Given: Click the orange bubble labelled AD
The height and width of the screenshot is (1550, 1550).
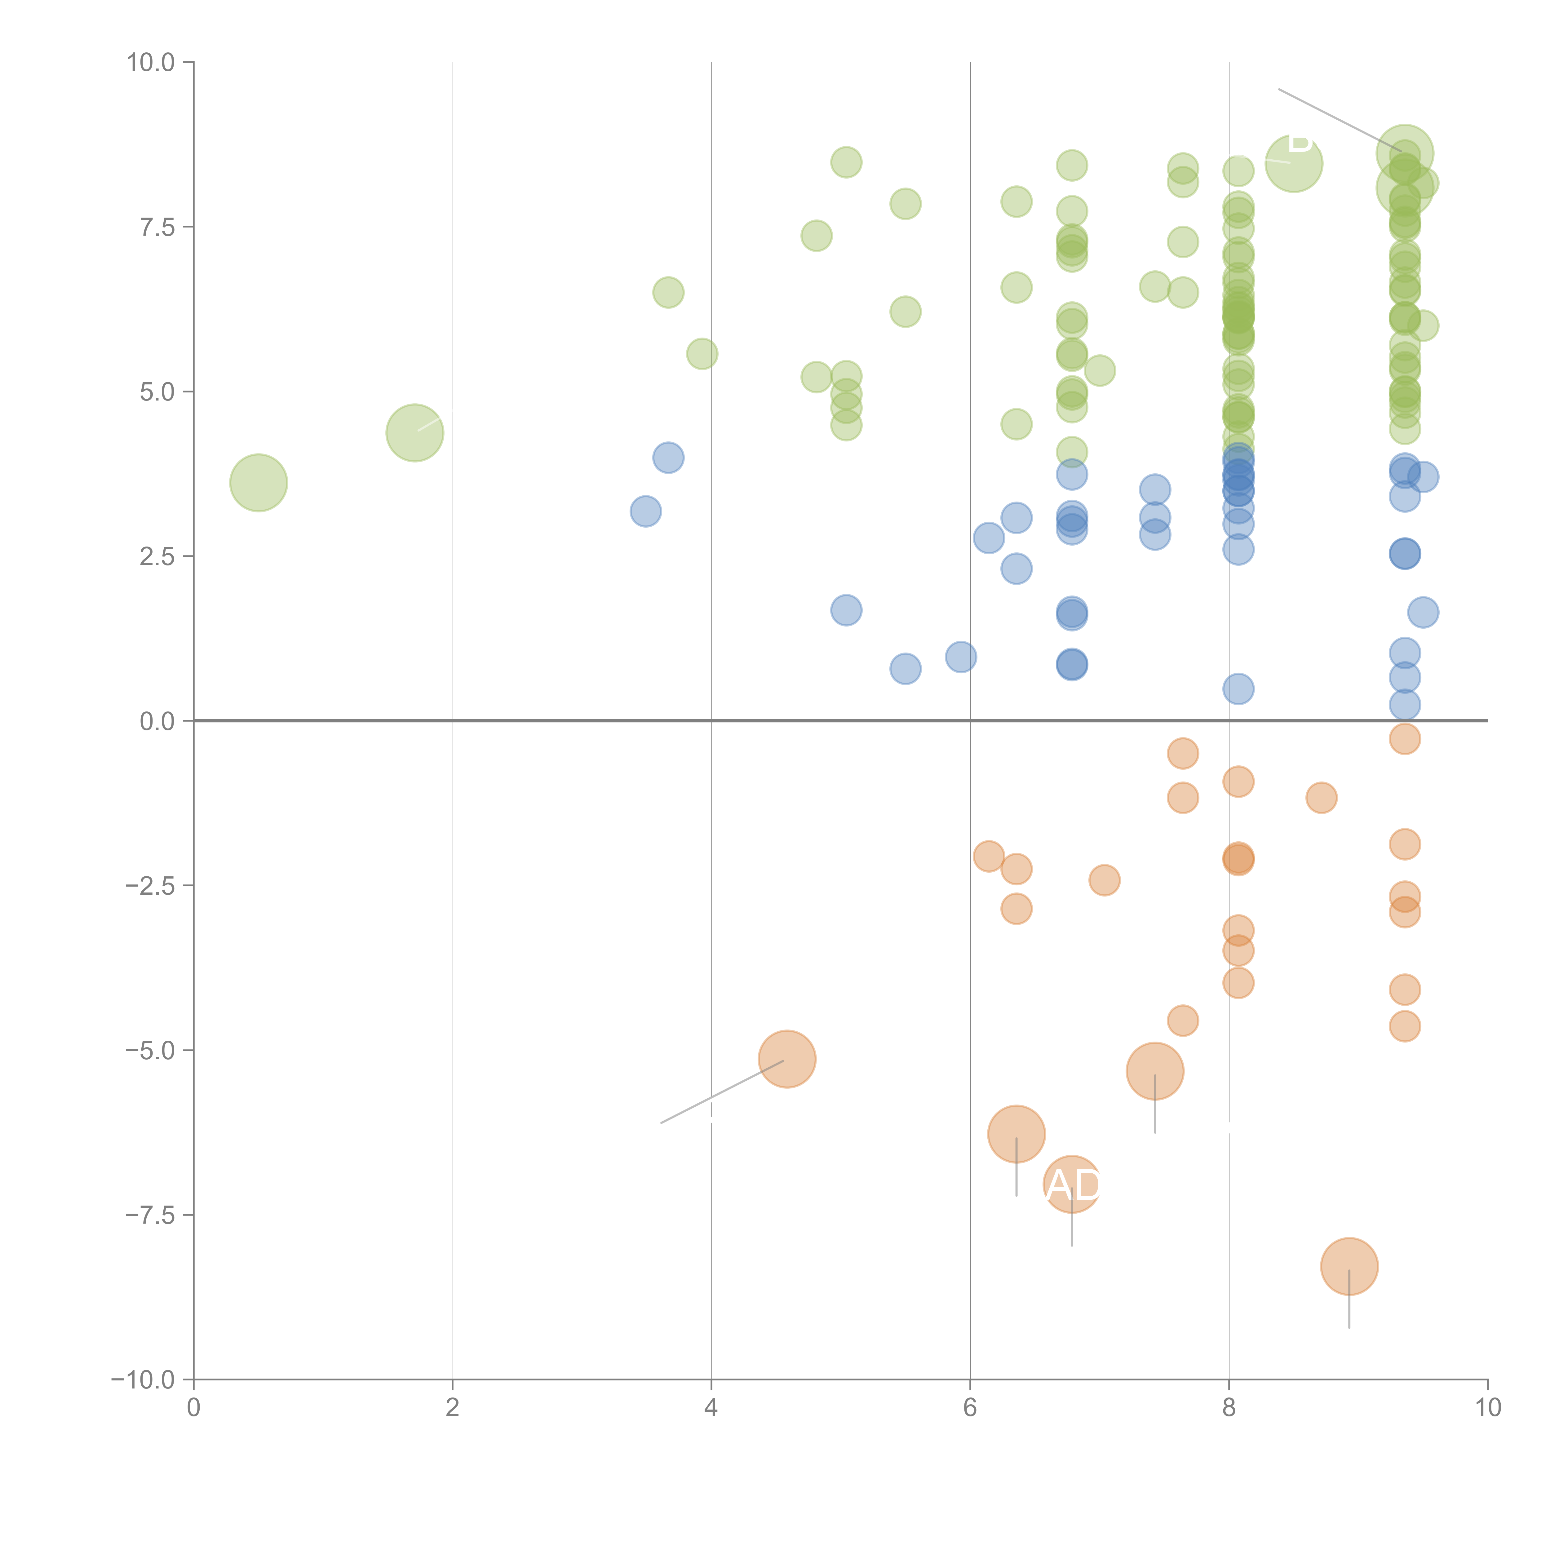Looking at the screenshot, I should (x=1072, y=1185).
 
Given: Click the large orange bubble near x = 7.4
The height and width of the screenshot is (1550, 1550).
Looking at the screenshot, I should (x=1154, y=1071).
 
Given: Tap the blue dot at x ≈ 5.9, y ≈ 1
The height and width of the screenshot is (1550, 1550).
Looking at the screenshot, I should (x=960, y=657).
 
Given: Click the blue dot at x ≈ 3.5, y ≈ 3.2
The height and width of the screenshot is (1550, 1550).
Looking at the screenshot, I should (x=645, y=511).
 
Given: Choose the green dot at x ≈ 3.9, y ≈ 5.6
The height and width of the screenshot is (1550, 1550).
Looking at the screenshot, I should (x=702, y=354).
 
